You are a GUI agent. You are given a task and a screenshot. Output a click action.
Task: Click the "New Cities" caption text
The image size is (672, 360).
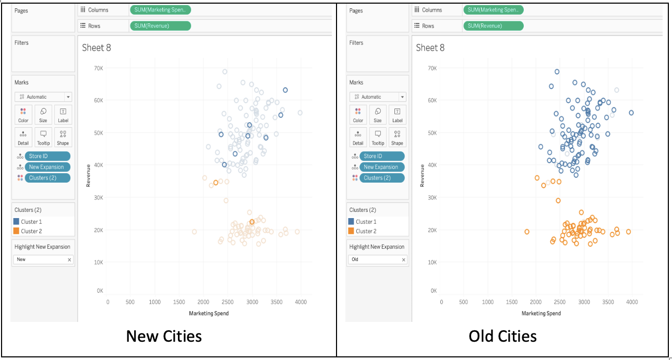point(164,336)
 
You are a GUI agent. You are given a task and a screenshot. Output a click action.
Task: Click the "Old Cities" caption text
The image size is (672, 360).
point(502,336)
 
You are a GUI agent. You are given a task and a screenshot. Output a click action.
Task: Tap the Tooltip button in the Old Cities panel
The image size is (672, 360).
point(378,137)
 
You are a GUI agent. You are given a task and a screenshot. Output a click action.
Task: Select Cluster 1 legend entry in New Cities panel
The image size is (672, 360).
point(31,222)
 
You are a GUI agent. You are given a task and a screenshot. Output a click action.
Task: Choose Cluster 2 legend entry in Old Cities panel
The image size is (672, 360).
point(366,231)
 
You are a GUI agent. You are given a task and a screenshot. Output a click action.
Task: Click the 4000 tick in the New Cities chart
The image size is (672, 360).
point(301,302)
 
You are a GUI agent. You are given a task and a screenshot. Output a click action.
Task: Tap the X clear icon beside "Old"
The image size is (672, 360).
point(403,260)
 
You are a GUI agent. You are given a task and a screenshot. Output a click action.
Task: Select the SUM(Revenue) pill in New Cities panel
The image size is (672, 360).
point(160,26)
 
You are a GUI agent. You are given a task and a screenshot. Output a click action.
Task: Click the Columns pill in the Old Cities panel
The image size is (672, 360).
point(493,10)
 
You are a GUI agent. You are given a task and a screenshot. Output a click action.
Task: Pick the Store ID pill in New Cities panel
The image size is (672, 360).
point(47,156)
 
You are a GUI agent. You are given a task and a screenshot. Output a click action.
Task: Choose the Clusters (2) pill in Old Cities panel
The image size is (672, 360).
point(381,178)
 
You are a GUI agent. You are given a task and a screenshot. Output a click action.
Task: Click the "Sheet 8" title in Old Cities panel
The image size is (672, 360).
point(430,47)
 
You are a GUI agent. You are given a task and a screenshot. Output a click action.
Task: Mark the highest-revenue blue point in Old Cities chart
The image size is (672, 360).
point(557,72)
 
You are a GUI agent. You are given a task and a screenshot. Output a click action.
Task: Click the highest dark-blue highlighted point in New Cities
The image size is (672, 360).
point(285,90)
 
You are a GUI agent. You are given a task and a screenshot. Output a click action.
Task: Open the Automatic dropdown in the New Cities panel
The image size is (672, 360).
point(43,97)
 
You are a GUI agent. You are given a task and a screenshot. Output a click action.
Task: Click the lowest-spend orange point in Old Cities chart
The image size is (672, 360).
point(527,232)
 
